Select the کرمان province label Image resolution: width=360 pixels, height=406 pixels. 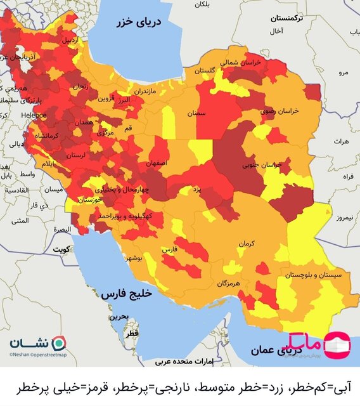[x=247, y=244]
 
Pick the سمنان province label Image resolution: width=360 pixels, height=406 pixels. [x=196, y=113]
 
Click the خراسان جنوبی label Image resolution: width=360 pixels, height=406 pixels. [x=262, y=165]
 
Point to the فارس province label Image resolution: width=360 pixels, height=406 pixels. [x=169, y=250]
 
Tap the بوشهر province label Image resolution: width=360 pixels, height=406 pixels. [x=136, y=259]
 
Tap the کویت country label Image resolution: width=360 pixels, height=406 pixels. [x=61, y=249]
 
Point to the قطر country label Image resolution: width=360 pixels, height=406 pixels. [x=131, y=333]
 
